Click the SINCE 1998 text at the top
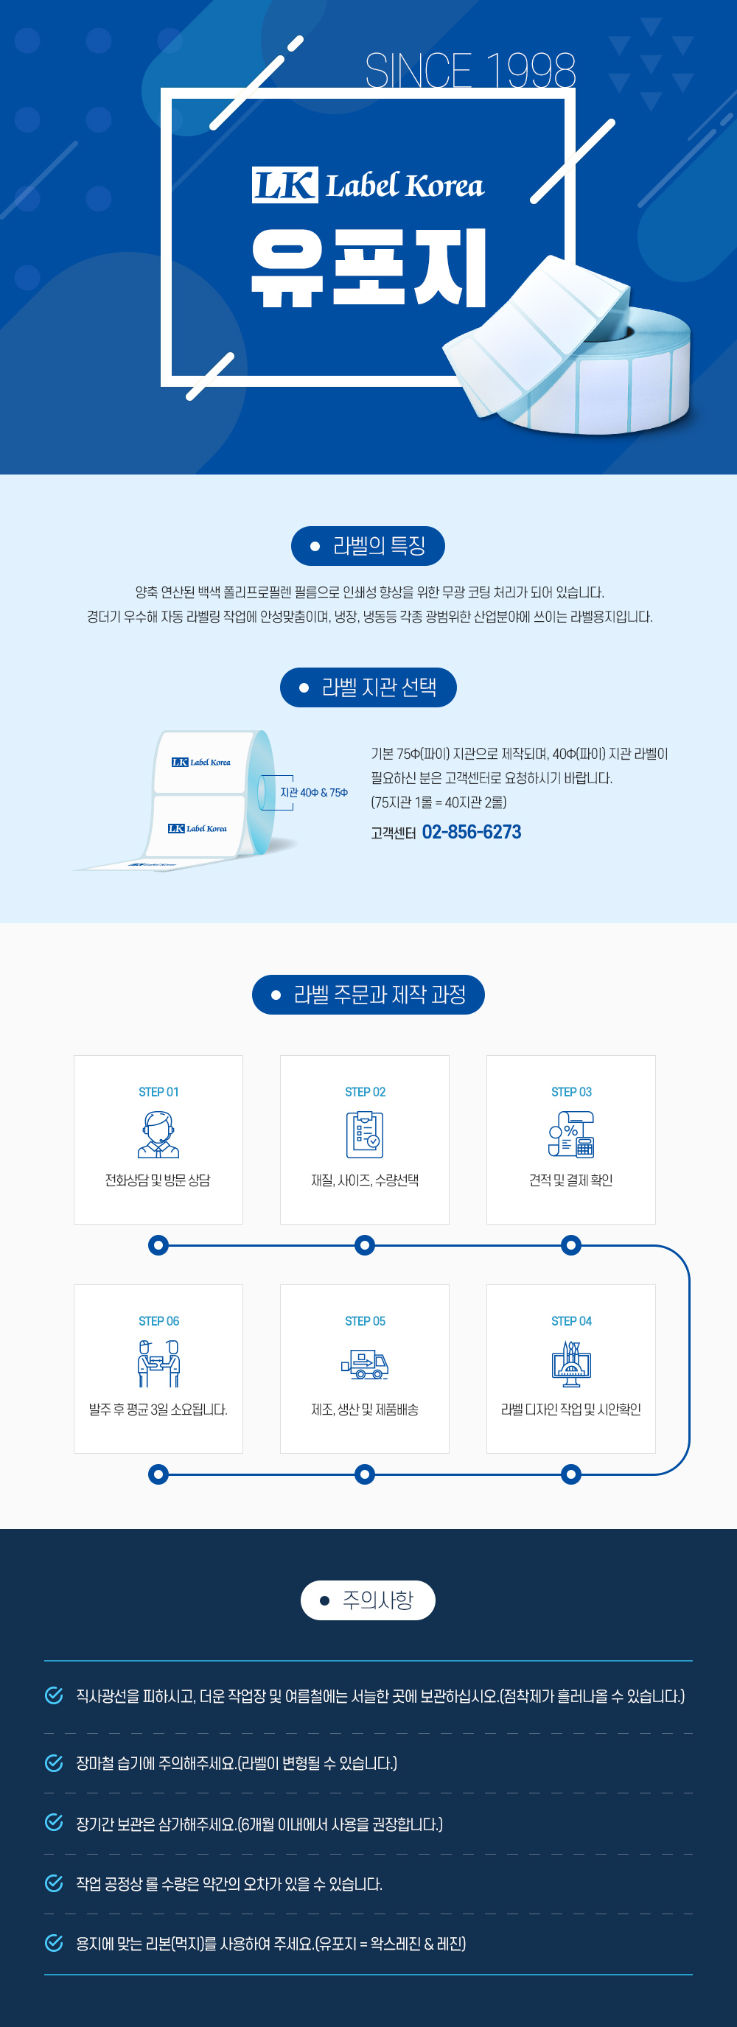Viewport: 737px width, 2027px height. (470, 70)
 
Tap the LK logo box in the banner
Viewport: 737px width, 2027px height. (285, 185)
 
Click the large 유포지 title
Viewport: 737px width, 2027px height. (369, 267)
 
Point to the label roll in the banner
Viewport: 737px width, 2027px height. (567, 347)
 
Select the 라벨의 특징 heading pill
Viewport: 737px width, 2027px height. (368, 545)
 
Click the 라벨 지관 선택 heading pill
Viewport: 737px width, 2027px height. (368, 687)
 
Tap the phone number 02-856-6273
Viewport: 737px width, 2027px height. (472, 832)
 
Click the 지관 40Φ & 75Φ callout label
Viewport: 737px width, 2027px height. (314, 792)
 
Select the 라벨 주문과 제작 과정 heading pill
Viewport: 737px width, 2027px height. (368, 995)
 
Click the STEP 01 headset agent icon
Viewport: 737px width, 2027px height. (158, 1134)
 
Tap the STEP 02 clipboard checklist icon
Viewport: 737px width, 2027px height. (365, 1134)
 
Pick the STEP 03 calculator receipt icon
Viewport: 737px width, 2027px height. (572, 1134)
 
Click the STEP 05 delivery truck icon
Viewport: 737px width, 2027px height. (365, 1364)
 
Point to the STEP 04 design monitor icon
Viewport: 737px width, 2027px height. (572, 1364)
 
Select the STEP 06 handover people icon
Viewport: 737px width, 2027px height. (158, 1364)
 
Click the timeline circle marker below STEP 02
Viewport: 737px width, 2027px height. (365, 1244)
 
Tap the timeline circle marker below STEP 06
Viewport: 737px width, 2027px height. (158, 1474)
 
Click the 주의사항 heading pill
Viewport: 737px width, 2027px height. (368, 1600)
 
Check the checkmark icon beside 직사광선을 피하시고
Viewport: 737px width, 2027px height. (54, 1695)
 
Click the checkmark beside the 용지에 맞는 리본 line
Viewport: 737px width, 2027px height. (54, 1943)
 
